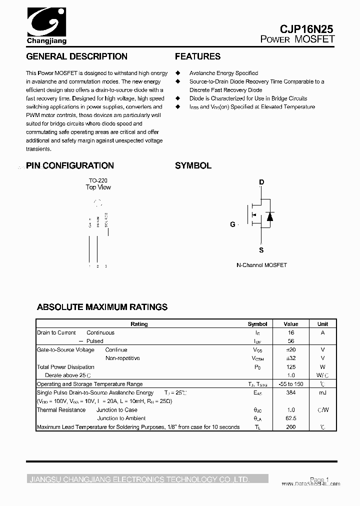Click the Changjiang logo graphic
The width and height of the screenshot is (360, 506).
(45, 22)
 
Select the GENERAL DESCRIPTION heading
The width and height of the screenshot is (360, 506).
(76, 56)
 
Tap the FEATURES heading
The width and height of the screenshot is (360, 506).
(197, 56)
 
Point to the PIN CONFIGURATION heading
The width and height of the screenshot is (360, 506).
(70, 165)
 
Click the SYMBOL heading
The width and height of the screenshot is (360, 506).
(193, 165)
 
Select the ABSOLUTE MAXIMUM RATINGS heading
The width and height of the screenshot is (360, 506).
(102, 307)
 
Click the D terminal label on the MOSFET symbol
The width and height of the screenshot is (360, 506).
(261, 182)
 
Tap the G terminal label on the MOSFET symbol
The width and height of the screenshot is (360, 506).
(232, 224)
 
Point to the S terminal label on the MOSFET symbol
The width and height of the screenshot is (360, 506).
(261, 250)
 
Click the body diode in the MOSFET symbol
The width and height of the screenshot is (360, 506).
(269, 216)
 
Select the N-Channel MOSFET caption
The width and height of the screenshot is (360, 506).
(261, 265)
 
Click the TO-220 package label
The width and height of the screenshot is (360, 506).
(98, 180)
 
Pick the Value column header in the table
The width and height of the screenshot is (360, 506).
(291, 324)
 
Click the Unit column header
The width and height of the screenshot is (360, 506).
(322, 324)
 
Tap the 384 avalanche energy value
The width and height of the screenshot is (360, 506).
(291, 392)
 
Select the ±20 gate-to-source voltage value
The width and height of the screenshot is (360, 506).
(291, 350)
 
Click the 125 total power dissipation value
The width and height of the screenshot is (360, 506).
(291, 367)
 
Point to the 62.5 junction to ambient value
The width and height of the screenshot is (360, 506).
(291, 418)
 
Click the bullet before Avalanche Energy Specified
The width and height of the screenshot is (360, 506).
(177, 73)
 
